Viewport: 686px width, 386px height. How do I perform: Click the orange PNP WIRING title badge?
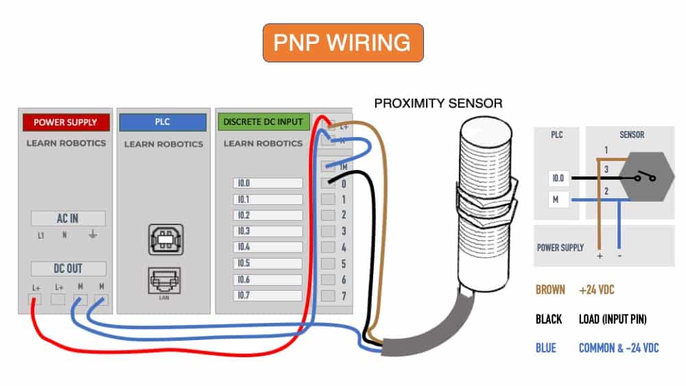pos(343,43)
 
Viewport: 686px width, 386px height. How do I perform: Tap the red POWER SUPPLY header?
pos(66,123)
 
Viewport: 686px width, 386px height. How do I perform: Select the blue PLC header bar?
pos(163,123)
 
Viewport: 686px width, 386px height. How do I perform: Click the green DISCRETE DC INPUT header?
pos(264,122)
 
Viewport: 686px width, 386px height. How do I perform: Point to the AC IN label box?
pos(68,218)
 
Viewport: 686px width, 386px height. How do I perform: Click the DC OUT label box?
pos(68,268)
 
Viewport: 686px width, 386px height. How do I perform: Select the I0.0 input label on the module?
pos(268,183)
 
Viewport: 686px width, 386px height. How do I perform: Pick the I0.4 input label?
pos(268,247)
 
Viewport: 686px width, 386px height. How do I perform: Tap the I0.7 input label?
pos(268,295)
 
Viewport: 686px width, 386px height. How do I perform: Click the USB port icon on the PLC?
pos(166,239)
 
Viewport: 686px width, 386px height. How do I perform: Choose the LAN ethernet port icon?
pos(164,280)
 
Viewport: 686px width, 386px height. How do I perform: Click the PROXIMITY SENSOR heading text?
pos(438,104)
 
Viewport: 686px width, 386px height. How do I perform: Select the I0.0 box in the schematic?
pos(558,178)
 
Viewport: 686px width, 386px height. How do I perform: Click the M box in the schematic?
pos(556,200)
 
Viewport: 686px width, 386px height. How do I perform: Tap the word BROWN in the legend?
pos(550,290)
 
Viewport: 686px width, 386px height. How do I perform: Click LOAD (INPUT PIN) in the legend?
pos(613,319)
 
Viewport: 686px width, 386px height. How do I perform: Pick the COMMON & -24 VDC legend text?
pos(619,348)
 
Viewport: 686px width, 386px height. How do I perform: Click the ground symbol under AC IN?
pos(93,234)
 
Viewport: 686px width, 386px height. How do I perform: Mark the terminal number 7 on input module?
pos(344,296)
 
